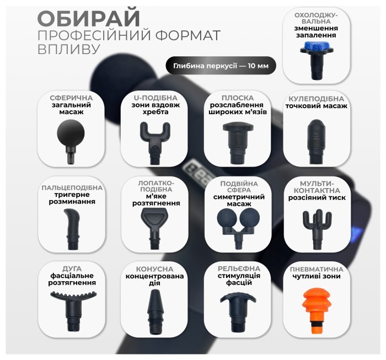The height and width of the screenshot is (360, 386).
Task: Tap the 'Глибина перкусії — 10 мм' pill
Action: [x=221, y=66]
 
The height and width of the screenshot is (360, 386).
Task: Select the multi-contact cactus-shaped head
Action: [x=318, y=223]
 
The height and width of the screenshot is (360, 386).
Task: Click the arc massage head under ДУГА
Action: [x=69, y=306]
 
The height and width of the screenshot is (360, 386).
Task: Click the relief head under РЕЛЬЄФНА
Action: [x=235, y=306]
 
